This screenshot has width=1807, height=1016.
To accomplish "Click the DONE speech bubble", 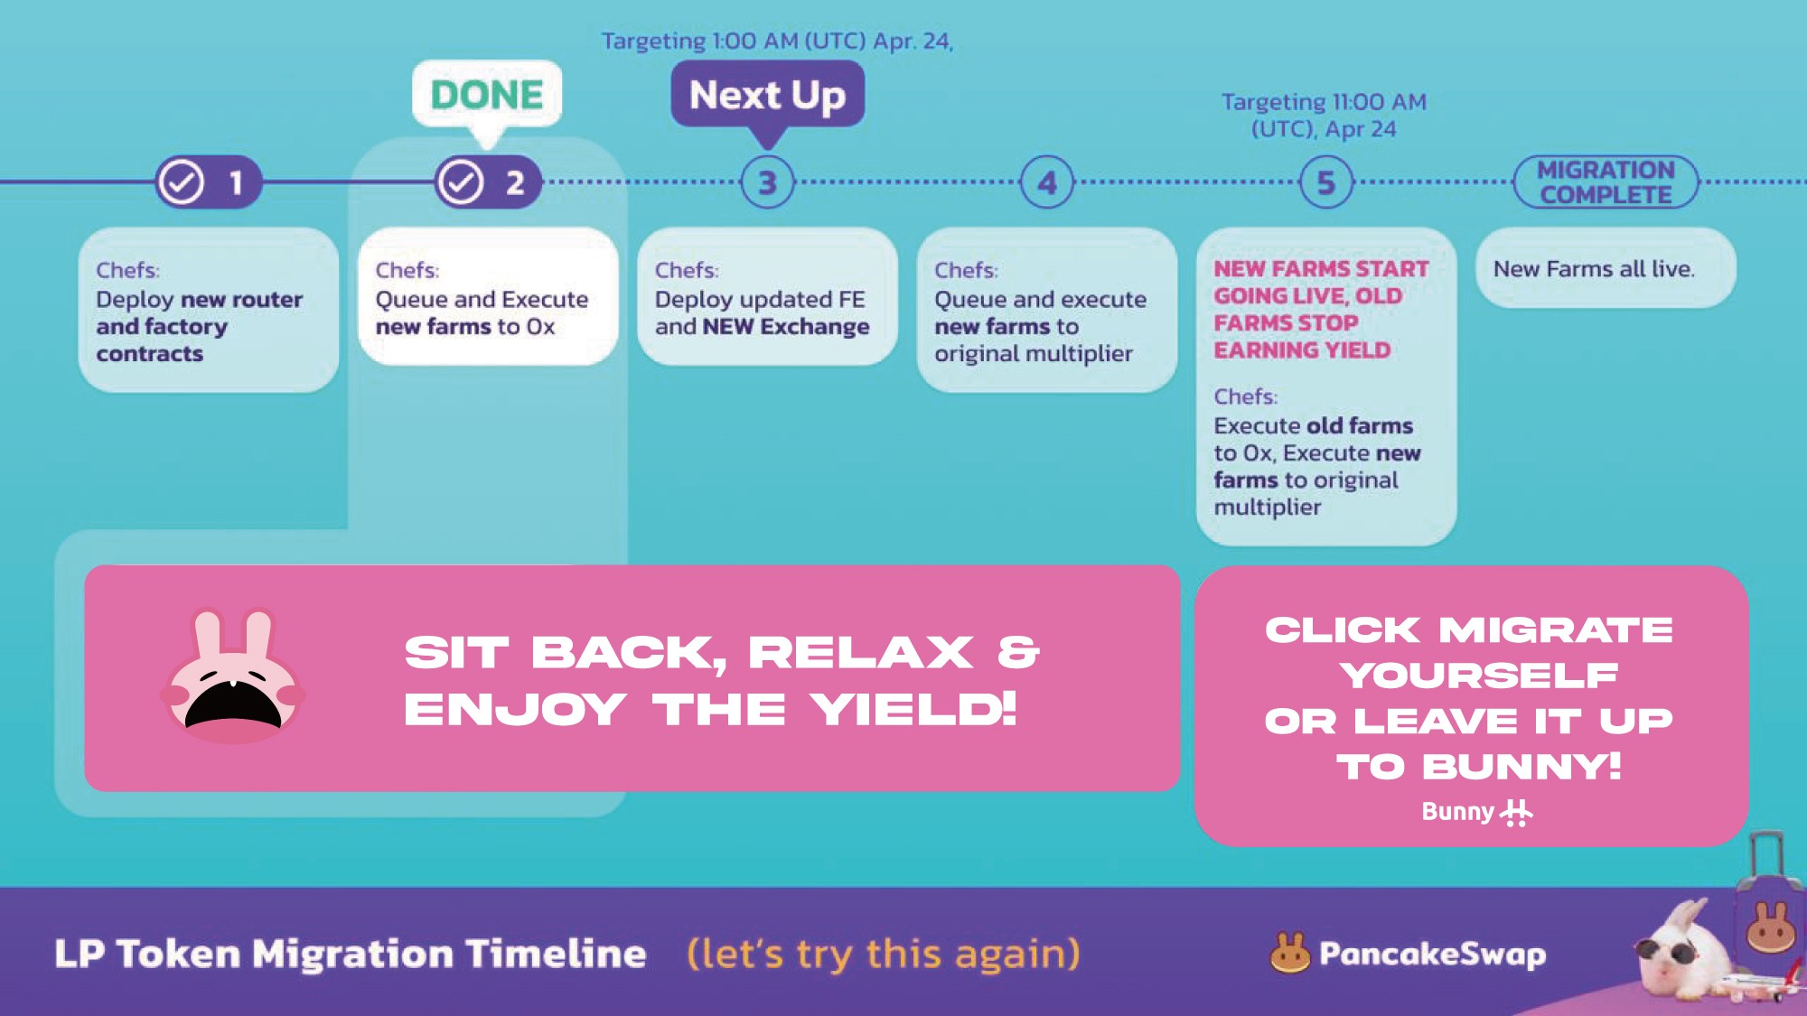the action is (487, 95).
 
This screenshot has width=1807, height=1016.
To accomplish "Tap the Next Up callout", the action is (767, 95).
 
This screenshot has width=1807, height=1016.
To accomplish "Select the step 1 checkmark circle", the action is (182, 182).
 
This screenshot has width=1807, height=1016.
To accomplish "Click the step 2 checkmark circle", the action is (462, 182).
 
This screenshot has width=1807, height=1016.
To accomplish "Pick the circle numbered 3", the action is (767, 182).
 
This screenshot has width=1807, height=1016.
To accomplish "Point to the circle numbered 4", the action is (1046, 182).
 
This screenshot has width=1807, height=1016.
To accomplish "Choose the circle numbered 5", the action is (1325, 182).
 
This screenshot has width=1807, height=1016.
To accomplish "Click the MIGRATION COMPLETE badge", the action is (1606, 182).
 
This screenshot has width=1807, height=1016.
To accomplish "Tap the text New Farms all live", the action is (1594, 269).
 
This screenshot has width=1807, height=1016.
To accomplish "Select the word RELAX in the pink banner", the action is (861, 652).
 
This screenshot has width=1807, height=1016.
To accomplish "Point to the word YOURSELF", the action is (1478, 675).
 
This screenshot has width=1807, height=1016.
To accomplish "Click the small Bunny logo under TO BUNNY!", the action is (1476, 812).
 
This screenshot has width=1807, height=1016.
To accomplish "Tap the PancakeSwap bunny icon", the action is (1289, 953).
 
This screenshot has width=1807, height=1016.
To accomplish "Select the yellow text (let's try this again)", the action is (883, 954).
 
